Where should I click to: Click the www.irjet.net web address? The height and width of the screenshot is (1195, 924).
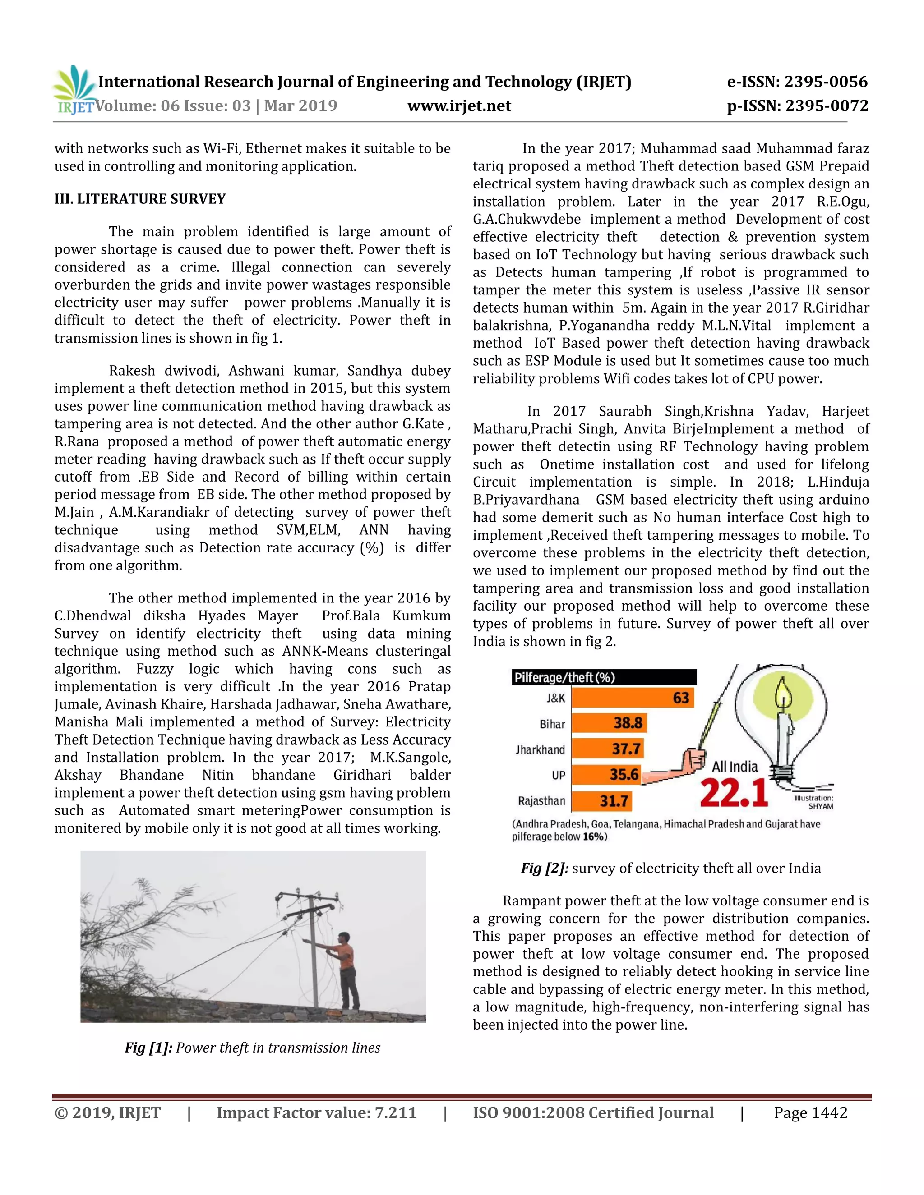point(459,106)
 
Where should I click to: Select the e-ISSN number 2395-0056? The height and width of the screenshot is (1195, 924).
point(826,82)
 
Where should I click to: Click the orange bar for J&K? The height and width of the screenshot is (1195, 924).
point(632,698)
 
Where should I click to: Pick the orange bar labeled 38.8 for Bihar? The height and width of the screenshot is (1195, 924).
point(609,723)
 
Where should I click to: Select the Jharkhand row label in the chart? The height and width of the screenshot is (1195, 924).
point(540,749)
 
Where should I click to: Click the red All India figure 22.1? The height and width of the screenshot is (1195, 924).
point(734,793)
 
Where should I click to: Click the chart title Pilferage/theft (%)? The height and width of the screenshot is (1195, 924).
point(564,677)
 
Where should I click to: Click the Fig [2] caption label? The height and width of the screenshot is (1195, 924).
point(544,869)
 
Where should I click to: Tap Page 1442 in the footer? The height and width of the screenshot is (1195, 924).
point(810,1113)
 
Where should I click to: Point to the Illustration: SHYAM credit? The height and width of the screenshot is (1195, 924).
point(814,802)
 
